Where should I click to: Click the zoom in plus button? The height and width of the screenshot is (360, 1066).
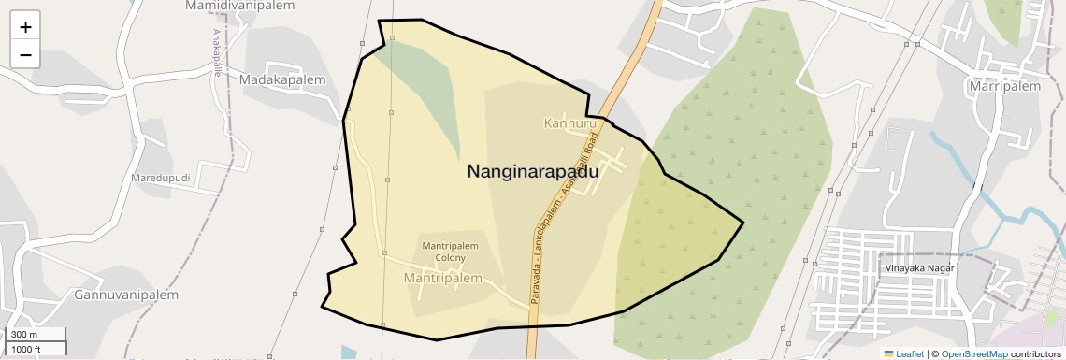pyautogui.click(x=25, y=27)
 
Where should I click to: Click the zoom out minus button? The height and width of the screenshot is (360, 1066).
pyautogui.click(x=25, y=55)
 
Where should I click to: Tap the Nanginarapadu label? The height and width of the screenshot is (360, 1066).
pyautogui.click(x=533, y=171)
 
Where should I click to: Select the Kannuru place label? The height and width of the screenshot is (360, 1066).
pyautogui.click(x=569, y=123)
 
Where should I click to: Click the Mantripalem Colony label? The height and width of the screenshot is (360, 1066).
pyautogui.click(x=451, y=252)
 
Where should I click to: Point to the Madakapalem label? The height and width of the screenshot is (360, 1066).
pyautogui.click(x=282, y=80)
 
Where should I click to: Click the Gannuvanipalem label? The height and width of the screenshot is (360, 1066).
pyautogui.click(x=125, y=295)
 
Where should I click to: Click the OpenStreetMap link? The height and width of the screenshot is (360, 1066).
pyautogui.click(x=973, y=354)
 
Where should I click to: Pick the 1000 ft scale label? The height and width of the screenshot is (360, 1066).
pyautogui.click(x=26, y=349)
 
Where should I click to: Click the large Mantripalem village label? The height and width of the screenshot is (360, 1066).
pyautogui.click(x=442, y=279)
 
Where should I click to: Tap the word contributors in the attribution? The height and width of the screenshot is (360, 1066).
pyautogui.click(x=1035, y=354)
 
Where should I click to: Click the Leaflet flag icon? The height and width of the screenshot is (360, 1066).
pyautogui.click(x=888, y=354)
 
